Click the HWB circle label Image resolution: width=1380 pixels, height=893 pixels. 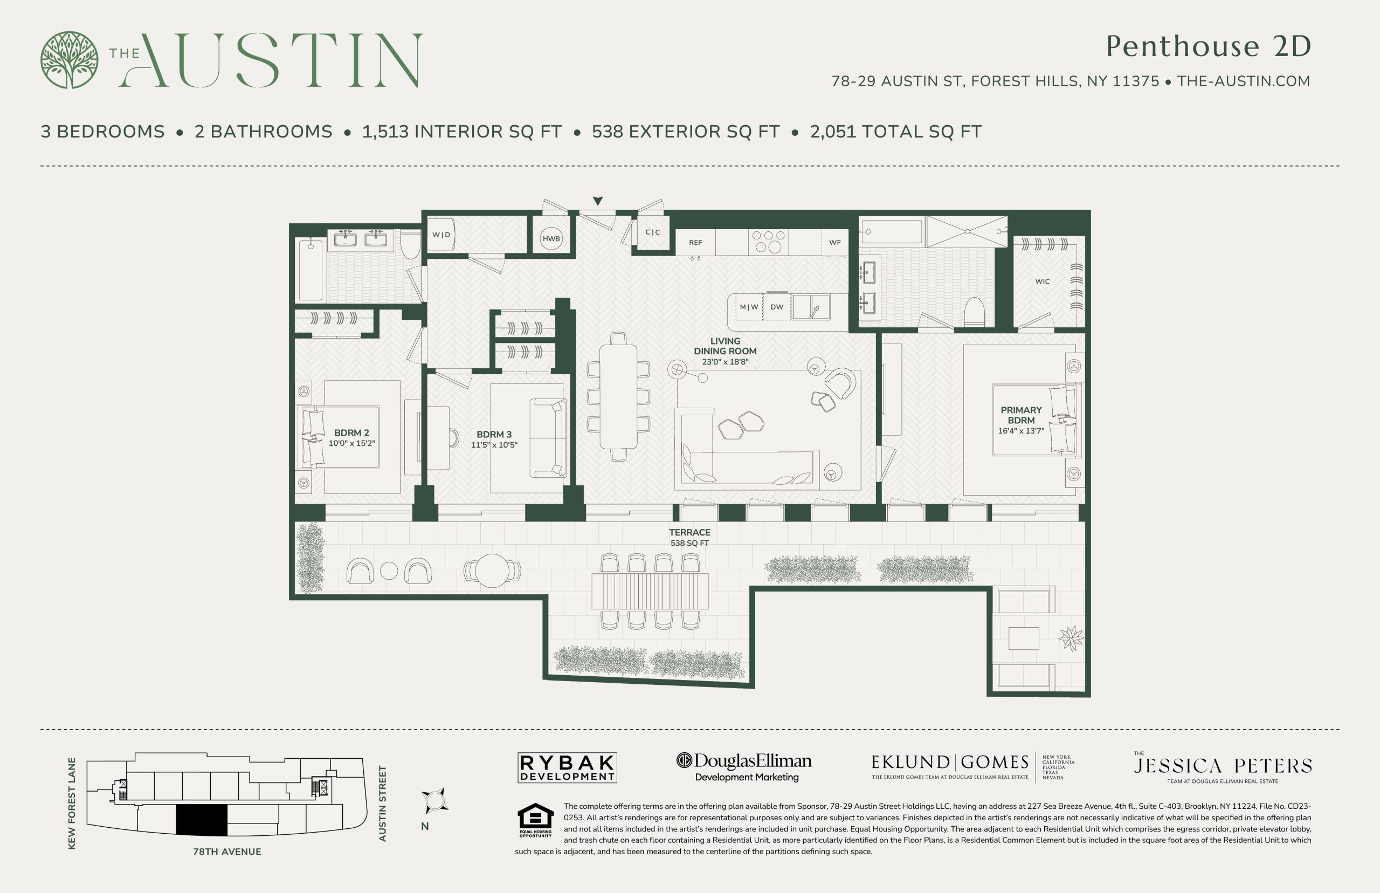551,238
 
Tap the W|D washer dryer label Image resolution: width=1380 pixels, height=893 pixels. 441,235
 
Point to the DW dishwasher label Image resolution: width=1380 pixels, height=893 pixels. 777,307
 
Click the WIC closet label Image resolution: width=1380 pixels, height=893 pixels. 1042,282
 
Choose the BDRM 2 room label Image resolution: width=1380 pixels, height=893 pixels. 351,432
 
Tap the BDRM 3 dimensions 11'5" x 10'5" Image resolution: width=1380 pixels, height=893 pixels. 494,445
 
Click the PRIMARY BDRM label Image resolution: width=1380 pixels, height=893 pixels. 1020,415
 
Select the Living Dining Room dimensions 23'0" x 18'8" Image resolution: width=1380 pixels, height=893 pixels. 725,362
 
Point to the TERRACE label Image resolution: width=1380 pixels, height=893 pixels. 689,532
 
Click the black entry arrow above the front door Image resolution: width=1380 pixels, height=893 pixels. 598,201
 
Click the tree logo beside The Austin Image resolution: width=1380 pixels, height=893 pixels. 69,60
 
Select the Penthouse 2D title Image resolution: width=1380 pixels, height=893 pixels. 1208,46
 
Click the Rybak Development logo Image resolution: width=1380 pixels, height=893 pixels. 567,768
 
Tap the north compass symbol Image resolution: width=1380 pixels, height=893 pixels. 434,801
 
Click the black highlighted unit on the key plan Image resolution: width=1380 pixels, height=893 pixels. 201,821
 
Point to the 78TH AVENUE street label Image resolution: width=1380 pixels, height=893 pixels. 226,852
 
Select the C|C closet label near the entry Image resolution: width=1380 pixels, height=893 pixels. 653,232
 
